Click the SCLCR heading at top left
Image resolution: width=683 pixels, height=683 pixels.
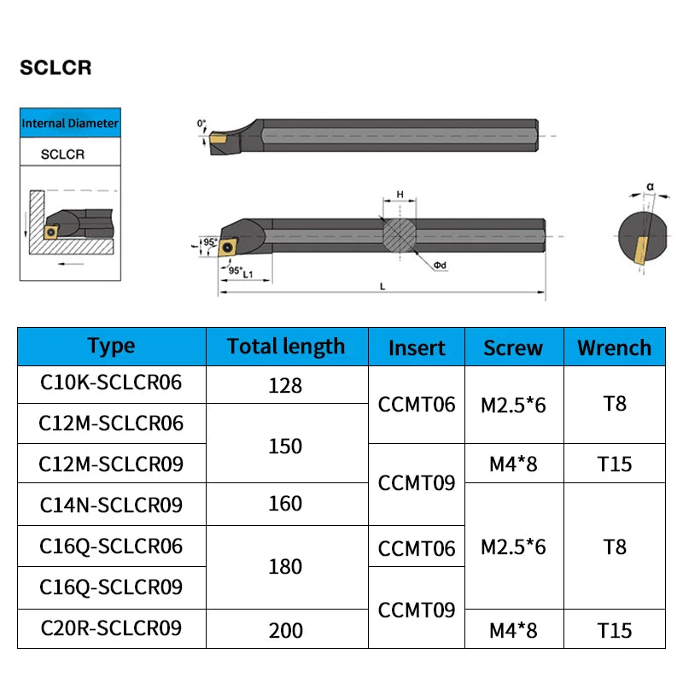coord(55,68)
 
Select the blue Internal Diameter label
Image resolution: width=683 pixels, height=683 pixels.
coord(70,123)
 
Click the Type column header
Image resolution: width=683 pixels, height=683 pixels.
coord(111,346)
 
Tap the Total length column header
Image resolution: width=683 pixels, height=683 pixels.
coord(286,346)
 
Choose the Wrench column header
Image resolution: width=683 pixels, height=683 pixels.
coord(614,347)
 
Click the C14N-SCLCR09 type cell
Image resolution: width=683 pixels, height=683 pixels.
coord(111,505)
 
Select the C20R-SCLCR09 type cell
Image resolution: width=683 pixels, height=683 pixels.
coord(111,628)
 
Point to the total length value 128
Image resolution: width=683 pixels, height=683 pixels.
coord(285,385)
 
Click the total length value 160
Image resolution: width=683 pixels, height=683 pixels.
coord(285,504)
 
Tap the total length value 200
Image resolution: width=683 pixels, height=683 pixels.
coord(285,630)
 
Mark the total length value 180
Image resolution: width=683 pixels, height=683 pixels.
coord(285,567)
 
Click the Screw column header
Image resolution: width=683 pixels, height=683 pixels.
coord(513,347)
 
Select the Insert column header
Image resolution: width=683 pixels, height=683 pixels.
coord(417,347)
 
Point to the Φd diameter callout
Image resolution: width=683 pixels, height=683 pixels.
coord(440,266)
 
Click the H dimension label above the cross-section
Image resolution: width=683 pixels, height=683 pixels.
coord(400,195)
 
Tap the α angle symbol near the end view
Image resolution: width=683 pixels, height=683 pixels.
coord(650,185)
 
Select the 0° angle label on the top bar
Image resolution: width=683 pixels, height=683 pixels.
coord(201,124)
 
